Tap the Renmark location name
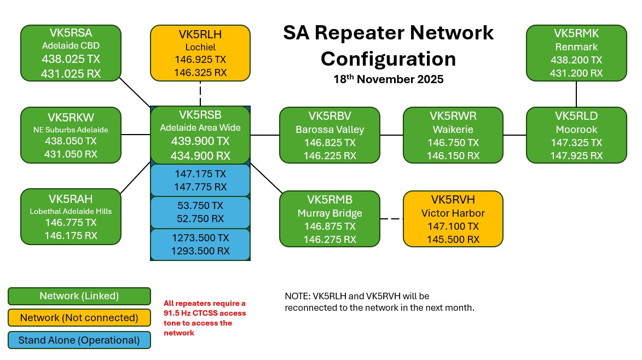tap(576, 47)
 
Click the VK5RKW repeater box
tap(71, 135)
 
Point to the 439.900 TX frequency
tap(200, 141)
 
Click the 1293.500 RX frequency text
tap(200, 251)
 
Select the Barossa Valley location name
tap(329, 130)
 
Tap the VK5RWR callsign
tap(453, 116)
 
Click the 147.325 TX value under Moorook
tap(576, 142)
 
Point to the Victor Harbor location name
tap(453, 213)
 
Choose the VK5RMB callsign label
tap(329, 199)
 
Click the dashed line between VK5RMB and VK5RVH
tap(391, 219)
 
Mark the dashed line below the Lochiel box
tap(200, 94)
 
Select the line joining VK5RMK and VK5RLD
tap(576, 94)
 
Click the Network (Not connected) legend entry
tap(79, 318)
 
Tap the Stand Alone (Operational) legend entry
tap(79, 340)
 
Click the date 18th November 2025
tap(389, 79)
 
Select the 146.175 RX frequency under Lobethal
tap(71, 236)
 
